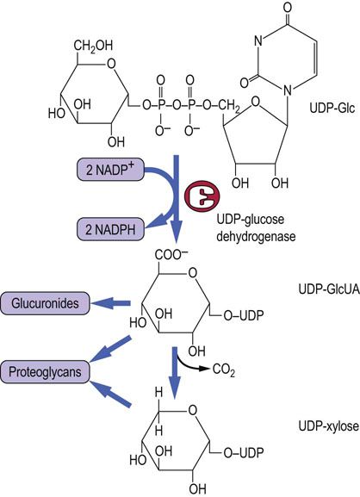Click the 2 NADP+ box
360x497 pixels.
pyautogui.click(x=110, y=171)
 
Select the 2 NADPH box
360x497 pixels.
pyautogui.click(x=110, y=229)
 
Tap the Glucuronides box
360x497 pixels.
pyautogui.click(x=45, y=303)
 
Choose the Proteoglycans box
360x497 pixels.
pyautogui.click(x=45, y=371)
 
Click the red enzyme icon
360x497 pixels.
pyautogui.click(x=202, y=196)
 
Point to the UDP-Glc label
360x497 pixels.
pyautogui.click(x=332, y=109)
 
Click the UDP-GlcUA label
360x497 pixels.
pyautogui.click(x=329, y=289)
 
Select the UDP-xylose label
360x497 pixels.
pyautogui.click(x=329, y=426)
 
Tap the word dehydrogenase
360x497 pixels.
pyautogui.click(x=256, y=236)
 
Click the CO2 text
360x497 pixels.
pyautogui.click(x=224, y=370)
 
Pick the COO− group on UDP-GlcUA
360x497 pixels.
pyautogui.click(x=171, y=254)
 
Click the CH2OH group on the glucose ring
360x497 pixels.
pyautogui.click(x=93, y=46)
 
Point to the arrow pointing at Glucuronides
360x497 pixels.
pyautogui.click(x=111, y=303)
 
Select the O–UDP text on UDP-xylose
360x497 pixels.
pyautogui.click(x=243, y=452)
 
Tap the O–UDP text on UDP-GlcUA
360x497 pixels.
pyautogui.click(x=243, y=315)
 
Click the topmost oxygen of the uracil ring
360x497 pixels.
pyautogui.click(x=288, y=7)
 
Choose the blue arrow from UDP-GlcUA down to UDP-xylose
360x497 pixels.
pyautogui.click(x=176, y=373)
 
